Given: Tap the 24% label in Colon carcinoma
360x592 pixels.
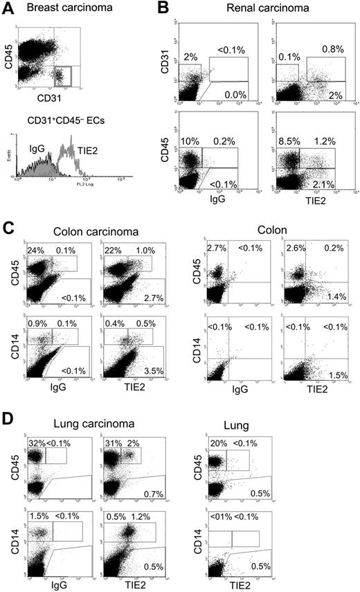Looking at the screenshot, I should pyautogui.click(x=35, y=250).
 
